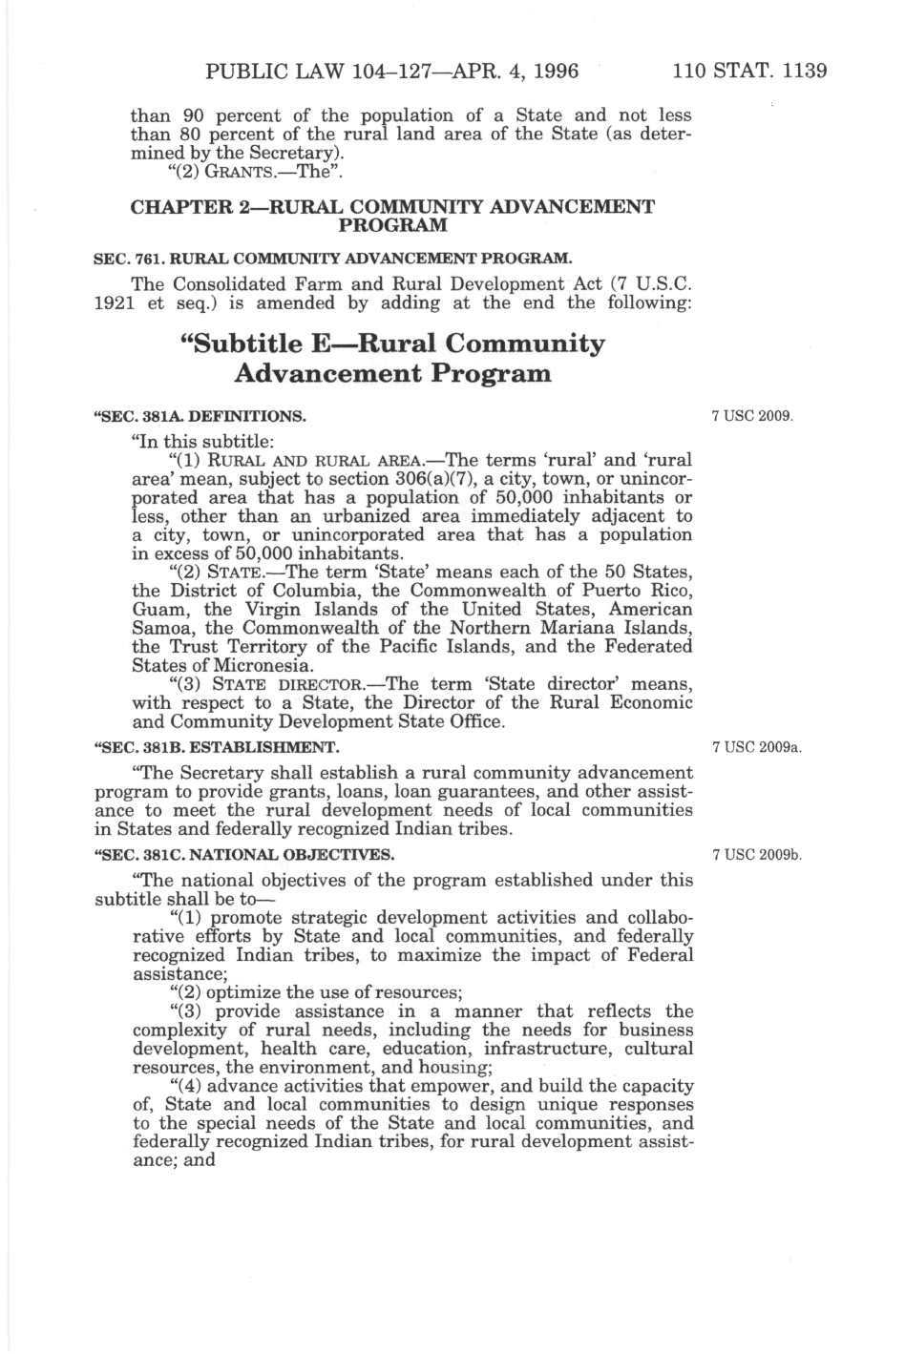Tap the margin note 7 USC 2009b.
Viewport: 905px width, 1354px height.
756,854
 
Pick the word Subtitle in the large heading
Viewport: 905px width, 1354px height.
246,344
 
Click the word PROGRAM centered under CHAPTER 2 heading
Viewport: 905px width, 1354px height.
393,225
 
